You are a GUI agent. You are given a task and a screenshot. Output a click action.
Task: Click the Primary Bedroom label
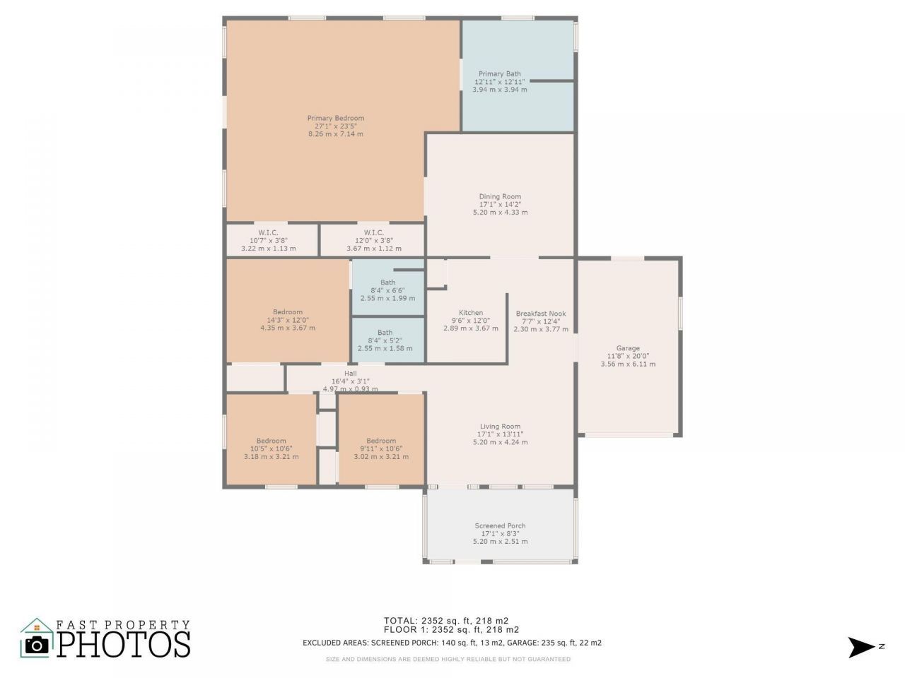[x=336, y=119]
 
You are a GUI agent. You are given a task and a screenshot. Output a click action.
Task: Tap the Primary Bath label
[x=500, y=73]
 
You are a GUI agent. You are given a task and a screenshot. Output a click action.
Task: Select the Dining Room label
[x=500, y=197]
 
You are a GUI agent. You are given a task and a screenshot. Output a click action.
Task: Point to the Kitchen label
[x=471, y=313]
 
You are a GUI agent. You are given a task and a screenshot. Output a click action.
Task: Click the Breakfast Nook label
[x=541, y=314]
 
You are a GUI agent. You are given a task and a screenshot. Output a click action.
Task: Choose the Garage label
[x=628, y=348]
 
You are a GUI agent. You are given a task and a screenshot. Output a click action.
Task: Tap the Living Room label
[x=500, y=427]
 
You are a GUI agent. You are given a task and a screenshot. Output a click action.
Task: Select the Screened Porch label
[x=500, y=526]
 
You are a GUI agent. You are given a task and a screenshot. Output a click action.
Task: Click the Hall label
[x=351, y=374]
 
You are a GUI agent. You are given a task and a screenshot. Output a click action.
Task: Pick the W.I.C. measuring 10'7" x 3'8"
[x=268, y=233]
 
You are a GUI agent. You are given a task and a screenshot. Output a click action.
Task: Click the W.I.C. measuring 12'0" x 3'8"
[x=374, y=233]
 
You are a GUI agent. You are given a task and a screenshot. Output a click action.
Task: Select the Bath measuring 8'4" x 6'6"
[x=387, y=282]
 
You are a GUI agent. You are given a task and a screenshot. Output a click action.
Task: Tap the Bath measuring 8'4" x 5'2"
[x=385, y=333]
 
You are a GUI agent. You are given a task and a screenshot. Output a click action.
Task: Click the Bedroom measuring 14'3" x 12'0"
[x=288, y=312]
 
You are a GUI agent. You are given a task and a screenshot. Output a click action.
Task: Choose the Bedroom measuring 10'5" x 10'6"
[x=271, y=441]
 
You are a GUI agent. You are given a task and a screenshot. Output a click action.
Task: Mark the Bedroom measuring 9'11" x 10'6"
[x=381, y=441]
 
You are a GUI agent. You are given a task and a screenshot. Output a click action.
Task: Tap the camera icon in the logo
[x=37, y=644]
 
